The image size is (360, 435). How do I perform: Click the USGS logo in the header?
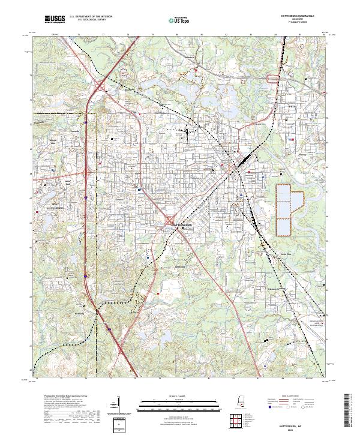click(x=54, y=20)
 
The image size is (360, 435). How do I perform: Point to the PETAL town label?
click(x=293, y=104)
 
